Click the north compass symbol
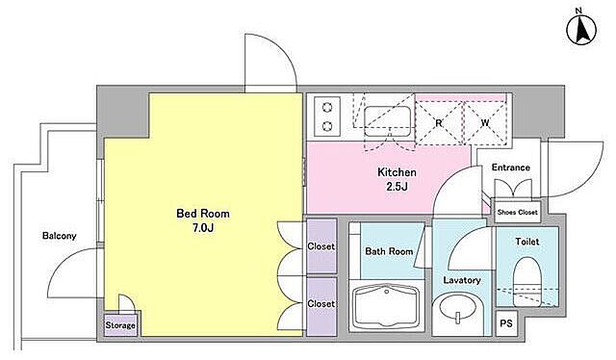coord(581,30)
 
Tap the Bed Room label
coord(203,214)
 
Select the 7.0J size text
coord(203,227)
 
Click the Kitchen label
coord(397,172)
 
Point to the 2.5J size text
coord(397,187)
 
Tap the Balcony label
coord(60,236)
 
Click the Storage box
coord(120,325)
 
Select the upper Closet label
coord(321,246)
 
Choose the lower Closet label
coord(321,303)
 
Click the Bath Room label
coord(389,251)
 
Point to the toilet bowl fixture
coord(527,281)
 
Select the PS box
coord(506,323)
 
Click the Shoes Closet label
coord(517,212)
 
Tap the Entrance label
coord(511,167)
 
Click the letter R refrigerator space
coord(439,123)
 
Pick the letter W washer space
coord(485,123)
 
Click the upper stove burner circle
coord(327,107)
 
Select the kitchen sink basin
coord(387,121)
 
